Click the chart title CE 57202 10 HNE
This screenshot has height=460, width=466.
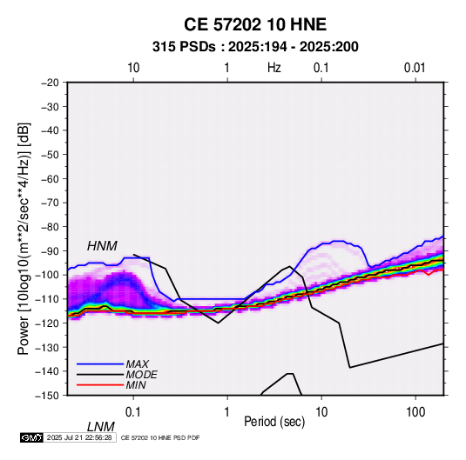[x=255, y=24]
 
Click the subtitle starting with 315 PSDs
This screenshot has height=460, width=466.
[x=255, y=47]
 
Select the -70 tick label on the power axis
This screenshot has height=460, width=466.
[x=50, y=203]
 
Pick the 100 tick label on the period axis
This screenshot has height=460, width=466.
[x=415, y=412]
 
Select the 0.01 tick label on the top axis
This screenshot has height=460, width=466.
[x=415, y=68]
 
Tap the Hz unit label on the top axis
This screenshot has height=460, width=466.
[x=274, y=68]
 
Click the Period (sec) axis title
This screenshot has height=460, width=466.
[x=274, y=422]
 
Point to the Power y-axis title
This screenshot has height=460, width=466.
[x=24, y=238]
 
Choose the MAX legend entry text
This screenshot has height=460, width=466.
[x=137, y=363]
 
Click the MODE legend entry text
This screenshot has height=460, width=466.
[x=141, y=375]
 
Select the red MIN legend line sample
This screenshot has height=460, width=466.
[x=100, y=385]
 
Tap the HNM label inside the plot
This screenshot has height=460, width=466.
[x=102, y=246]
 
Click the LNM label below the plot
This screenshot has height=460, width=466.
[x=100, y=427]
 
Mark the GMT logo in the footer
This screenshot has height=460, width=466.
[x=31, y=437]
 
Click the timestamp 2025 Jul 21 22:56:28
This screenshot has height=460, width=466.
[x=79, y=437]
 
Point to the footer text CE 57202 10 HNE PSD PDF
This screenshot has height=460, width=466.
[x=160, y=437]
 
